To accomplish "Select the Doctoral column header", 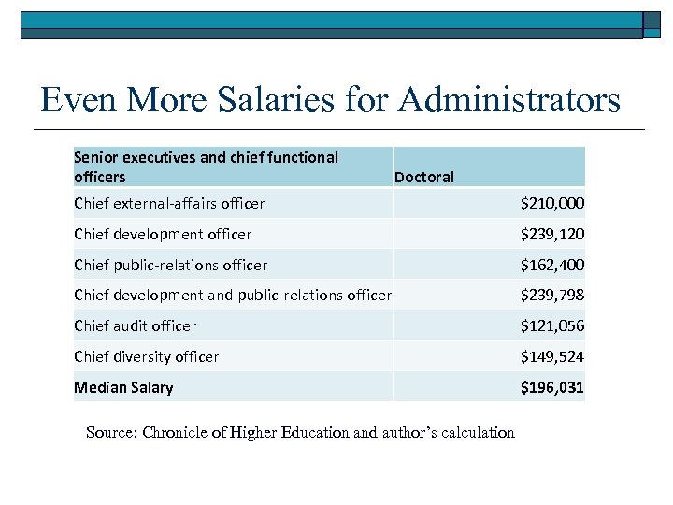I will tap(424, 177).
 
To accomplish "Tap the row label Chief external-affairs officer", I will tap(169, 203).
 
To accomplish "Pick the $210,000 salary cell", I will tap(552, 203).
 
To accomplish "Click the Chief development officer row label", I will tap(163, 234).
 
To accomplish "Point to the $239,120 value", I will tap(552, 234).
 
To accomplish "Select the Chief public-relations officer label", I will tap(170, 265).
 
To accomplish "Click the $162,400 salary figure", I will tap(552, 265).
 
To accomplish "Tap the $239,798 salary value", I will tap(552, 296).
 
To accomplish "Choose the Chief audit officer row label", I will tap(136, 325).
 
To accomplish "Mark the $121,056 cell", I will tap(552, 325).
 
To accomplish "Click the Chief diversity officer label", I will tap(146, 356).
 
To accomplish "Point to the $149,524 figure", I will tap(552, 356).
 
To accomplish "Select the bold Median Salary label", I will tap(123, 387).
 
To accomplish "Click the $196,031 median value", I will tap(552, 387).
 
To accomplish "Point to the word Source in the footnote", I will tap(111, 432).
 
